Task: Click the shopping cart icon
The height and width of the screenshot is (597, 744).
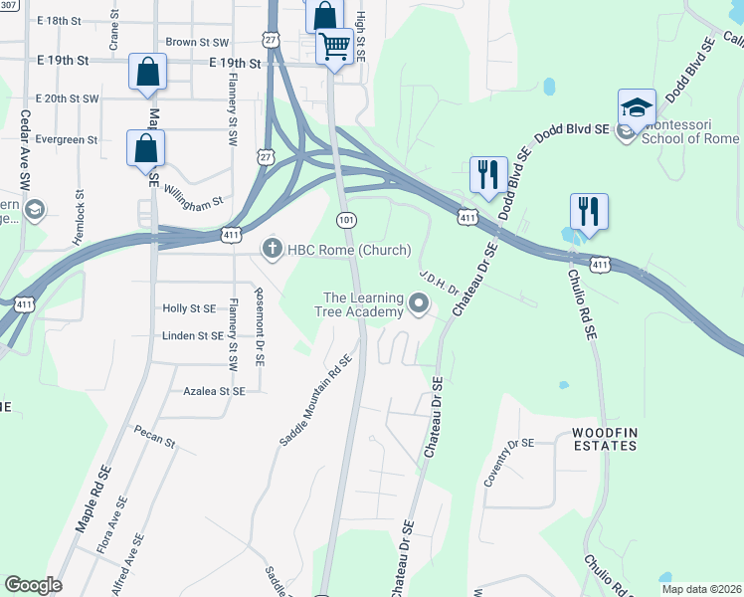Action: [335, 46]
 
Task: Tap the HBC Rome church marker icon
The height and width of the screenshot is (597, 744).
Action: [272, 249]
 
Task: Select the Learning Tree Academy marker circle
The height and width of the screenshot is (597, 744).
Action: [419, 304]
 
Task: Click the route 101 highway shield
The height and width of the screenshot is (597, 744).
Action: [346, 219]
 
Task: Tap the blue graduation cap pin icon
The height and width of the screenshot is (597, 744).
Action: [637, 107]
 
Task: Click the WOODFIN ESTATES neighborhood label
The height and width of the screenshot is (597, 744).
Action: [604, 439]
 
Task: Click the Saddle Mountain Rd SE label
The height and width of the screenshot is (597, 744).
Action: [316, 401]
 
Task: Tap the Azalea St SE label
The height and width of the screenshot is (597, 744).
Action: [214, 392]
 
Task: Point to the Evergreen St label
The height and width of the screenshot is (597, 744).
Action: [66, 140]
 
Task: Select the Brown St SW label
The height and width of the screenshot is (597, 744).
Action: [197, 43]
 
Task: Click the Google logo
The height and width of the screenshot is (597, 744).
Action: [33, 585]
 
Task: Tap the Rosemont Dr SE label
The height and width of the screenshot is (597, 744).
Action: [260, 324]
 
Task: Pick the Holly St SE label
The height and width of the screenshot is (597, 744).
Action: [189, 308]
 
